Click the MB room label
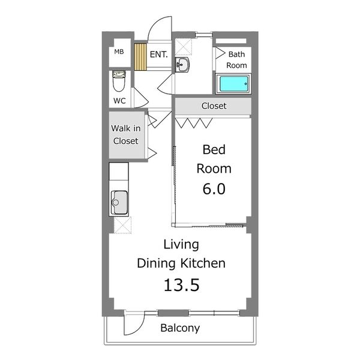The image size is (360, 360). tap(119, 52)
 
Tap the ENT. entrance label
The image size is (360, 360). tap(158, 55)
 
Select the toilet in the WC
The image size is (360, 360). tap(119, 81)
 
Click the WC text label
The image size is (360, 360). tap(119, 101)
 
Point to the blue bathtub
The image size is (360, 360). tap(233, 83)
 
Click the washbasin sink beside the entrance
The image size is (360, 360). tap(182, 65)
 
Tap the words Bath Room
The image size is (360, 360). tap(236, 59)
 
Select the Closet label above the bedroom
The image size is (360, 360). tap(214, 106)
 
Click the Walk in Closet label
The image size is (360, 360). tap(126, 134)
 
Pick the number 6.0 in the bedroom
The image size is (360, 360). tap(214, 189)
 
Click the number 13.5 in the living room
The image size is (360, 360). tap(181, 285)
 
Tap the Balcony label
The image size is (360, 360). tap(180, 328)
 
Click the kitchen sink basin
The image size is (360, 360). tap(119, 203)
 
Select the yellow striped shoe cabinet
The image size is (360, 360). tap(140, 57)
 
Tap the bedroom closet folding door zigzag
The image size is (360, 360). tap(194, 123)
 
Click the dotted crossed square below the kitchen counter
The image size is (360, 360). tap(122, 225)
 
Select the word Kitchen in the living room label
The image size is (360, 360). tap(203, 263)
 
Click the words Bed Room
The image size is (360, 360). tap(214, 159)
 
